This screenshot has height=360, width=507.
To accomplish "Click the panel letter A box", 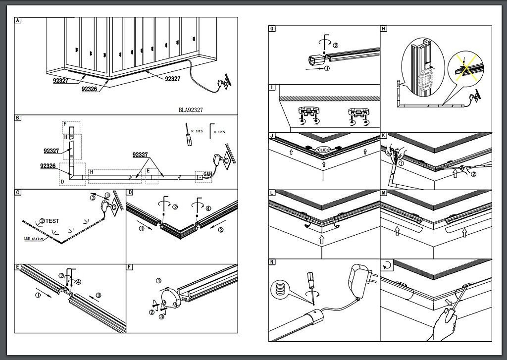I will point(18,21).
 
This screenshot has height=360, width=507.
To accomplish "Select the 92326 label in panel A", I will point(89,89).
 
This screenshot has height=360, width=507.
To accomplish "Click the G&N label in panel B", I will point(208,175).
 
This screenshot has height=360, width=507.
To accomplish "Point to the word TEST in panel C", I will point(52,220).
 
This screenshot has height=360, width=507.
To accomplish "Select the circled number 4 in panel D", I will point(208,208).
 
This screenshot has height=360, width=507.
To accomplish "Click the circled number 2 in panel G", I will point(336,45).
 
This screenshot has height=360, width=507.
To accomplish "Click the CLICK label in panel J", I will point(324,150).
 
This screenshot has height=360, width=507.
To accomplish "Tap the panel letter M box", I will point(384,193).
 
